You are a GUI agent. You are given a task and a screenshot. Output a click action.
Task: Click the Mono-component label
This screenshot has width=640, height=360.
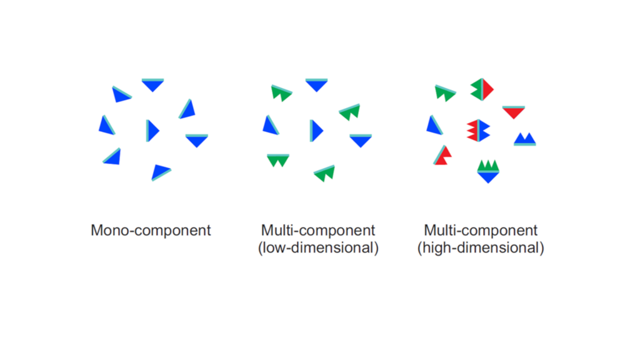(x=151, y=230)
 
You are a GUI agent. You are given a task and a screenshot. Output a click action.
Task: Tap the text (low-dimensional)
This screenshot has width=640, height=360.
(x=318, y=247)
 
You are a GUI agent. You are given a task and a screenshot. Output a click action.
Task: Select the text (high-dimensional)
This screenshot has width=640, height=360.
(x=481, y=247)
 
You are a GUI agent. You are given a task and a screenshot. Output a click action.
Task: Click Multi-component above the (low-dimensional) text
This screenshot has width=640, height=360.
(x=318, y=230)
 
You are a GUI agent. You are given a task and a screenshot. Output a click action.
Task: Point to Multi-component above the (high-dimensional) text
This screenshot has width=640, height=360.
(x=481, y=230)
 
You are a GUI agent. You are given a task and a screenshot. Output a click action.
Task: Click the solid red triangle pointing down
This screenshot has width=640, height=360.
(x=514, y=112)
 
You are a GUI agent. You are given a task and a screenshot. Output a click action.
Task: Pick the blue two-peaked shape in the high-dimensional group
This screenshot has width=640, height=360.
(x=525, y=139)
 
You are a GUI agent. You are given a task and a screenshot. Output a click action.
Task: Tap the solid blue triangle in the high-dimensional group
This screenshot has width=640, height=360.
(x=433, y=126)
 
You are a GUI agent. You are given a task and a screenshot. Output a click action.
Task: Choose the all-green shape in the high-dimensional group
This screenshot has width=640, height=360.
(x=445, y=94)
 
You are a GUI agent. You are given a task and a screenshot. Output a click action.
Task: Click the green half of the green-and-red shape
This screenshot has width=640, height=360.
(x=477, y=89)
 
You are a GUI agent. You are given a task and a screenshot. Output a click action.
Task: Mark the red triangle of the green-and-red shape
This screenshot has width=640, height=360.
(x=487, y=89)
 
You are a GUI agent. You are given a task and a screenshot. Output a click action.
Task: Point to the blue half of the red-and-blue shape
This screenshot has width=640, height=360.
(x=484, y=130)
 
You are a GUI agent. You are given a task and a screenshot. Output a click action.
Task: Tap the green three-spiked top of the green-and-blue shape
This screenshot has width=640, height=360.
(x=488, y=166)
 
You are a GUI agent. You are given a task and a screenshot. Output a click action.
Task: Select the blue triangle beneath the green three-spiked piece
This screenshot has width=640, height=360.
(x=488, y=177)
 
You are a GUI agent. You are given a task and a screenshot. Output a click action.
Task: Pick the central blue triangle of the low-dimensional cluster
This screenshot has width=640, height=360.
(x=317, y=131)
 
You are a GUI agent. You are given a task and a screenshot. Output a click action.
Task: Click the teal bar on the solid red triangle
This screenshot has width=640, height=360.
(x=514, y=107)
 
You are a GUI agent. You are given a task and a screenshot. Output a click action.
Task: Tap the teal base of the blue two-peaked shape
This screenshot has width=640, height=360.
(x=525, y=144)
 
